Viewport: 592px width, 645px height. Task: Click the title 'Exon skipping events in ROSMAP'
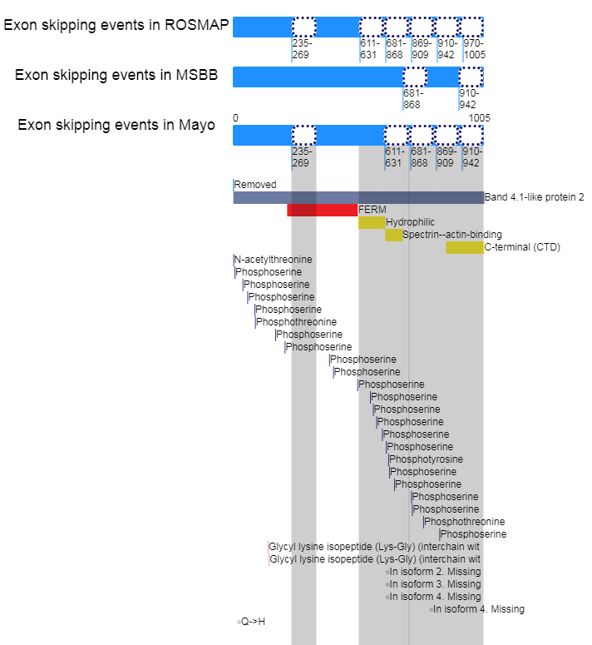coord(116,25)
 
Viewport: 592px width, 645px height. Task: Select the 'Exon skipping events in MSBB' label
coord(116,76)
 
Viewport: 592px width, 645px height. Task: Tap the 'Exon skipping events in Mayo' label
coord(116,126)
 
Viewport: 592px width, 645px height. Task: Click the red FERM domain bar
coord(322,210)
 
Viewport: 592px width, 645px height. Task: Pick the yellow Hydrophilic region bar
coord(372,222)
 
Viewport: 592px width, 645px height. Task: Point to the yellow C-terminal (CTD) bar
coord(464,247)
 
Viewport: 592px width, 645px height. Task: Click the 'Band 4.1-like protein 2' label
coord(534,197)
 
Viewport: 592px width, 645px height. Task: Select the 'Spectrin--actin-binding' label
coord(452,235)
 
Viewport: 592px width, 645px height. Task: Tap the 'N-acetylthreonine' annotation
coord(273,260)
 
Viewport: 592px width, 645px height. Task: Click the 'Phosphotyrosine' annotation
coord(426,459)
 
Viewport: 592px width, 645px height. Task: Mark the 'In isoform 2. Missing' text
coord(435,572)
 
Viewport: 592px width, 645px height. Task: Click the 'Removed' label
coord(255,185)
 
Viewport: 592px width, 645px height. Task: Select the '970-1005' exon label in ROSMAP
coord(474,48)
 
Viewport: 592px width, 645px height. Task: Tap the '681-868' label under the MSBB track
coord(413,99)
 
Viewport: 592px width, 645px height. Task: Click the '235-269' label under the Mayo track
coord(303,157)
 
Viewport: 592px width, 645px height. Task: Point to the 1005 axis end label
coord(480,118)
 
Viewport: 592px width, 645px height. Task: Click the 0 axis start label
coord(235,118)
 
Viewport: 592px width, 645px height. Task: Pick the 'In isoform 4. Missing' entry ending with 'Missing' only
coord(478,609)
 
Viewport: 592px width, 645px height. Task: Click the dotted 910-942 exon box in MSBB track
coord(471,77)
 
